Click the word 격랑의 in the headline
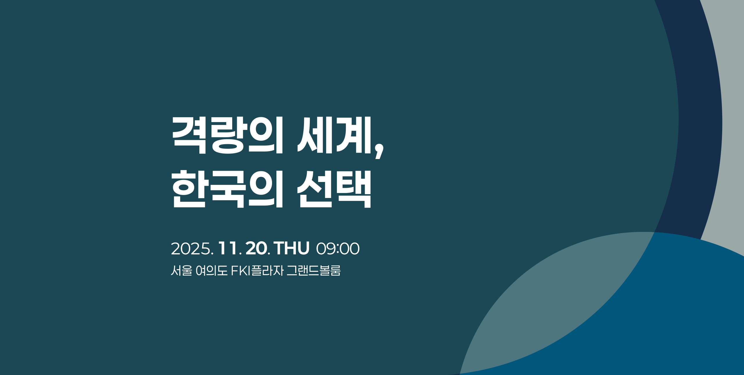click(227, 135)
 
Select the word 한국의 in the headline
click(227, 189)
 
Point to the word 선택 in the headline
click(334, 189)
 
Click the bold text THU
click(291, 249)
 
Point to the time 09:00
click(338, 249)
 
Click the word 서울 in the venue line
click(182, 271)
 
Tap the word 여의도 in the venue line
click(212, 271)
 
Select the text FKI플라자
click(257, 271)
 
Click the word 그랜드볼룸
click(314, 271)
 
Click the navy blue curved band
click(697, 116)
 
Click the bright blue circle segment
click(668, 320)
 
